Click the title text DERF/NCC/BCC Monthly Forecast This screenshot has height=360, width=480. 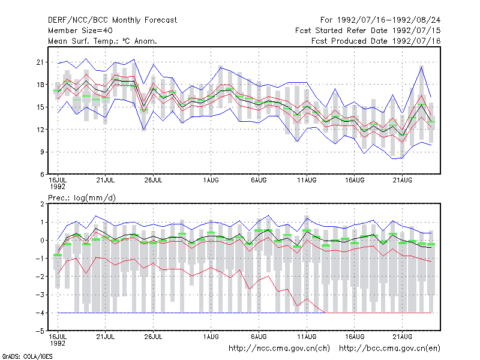(112, 20)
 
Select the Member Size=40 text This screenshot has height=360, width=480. (80, 31)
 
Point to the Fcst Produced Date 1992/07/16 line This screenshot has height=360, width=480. (376, 41)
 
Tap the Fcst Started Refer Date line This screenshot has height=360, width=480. (368, 31)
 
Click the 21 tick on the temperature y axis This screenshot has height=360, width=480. (40, 62)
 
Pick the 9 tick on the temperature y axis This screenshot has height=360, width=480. (42, 152)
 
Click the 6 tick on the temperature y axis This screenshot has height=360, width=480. (42, 175)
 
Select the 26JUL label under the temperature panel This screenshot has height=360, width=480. (153, 180)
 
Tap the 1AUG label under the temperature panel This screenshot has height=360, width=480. (211, 180)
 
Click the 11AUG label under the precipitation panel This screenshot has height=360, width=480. (307, 337)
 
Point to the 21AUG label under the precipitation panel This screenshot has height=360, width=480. (402, 337)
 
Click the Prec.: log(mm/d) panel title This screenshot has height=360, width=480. (82, 198)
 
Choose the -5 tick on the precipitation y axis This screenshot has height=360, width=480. (40, 331)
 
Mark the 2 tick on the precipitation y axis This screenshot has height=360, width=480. (42, 204)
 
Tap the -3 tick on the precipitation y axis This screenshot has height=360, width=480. (40, 295)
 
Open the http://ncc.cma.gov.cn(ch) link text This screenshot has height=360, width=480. (279, 349)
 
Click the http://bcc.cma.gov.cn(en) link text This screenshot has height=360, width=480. (389, 349)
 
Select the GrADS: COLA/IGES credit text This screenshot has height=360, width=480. (27, 356)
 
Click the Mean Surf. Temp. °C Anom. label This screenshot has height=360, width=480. (103, 41)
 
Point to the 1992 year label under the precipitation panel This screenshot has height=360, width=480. (58, 343)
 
